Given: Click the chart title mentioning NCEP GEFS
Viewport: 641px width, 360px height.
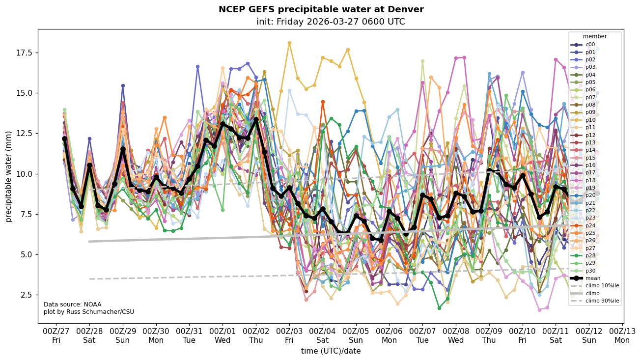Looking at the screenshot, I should pyautogui.click(x=321, y=9).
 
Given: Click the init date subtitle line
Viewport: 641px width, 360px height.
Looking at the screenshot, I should pyautogui.click(x=331, y=22).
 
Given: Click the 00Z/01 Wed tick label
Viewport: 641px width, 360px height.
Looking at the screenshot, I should pyautogui.click(x=223, y=335).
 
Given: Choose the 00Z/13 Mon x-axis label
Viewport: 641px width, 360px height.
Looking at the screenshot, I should pyautogui.click(x=622, y=335).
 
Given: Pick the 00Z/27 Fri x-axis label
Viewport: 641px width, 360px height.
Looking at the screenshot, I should pyautogui.click(x=56, y=335).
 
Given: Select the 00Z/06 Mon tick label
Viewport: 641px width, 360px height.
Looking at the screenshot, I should pyautogui.click(x=389, y=335).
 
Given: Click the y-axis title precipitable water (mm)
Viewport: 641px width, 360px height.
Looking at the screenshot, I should pyautogui.click(x=9, y=176).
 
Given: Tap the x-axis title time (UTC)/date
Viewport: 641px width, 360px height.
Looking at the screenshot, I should pyautogui.click(x=331, y=351).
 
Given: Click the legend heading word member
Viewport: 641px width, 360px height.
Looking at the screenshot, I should pyautogui.click(x=595, y=36).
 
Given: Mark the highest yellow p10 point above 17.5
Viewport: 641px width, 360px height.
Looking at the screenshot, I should pyautogui.click(x=289, y=43).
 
